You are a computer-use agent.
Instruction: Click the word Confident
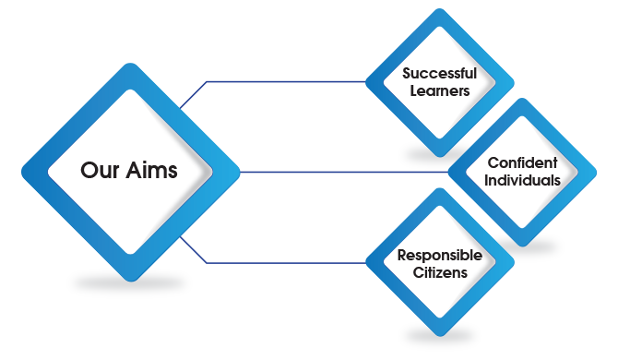(522, 162)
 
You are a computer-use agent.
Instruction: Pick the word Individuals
(522, 180)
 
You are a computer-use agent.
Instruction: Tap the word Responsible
(438, 255)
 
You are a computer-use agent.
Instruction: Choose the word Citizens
(438, 272)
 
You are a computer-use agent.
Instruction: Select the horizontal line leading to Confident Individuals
(341, 172)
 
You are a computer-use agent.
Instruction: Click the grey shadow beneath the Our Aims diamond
(129, 285)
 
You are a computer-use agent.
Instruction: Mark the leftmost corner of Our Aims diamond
(21, 172)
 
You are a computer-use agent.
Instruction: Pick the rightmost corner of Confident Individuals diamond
(597, 172)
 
